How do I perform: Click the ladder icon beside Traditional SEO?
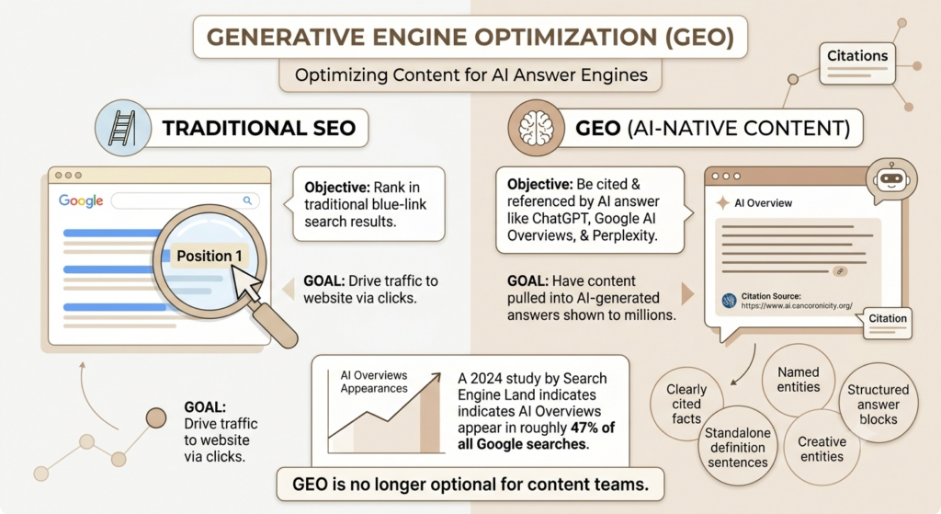point(122,128)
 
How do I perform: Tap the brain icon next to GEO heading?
point(536,128)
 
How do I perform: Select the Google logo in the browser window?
point(81,200)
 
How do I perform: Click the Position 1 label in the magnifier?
point(209,257)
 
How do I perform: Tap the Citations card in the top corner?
point(857,63)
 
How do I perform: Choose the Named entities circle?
point(799,380)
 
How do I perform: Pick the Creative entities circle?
point(822,449)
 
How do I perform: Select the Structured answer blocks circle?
point(878,404)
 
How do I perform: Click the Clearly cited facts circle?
point(686,404)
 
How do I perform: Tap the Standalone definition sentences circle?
point(738,448)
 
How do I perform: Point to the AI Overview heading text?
point(763,203)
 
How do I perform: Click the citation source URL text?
point(797,305)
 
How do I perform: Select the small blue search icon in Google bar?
point(247,200)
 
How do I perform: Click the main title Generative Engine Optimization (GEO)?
point(470,37)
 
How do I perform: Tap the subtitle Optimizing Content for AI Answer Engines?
point(471,75)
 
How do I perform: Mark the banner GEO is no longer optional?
point(470,484)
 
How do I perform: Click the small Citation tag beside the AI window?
point(888,319)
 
